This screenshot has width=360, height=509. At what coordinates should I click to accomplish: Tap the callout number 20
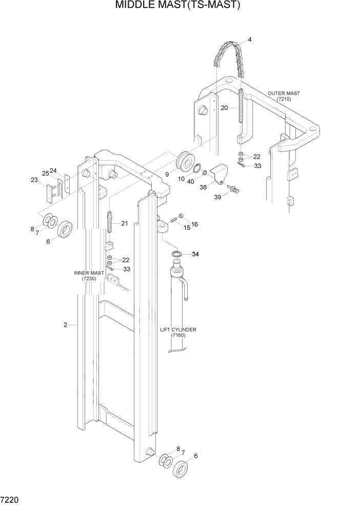224,108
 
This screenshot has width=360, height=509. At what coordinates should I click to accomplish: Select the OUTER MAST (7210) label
284,96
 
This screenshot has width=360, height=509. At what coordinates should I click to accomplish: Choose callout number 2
66,325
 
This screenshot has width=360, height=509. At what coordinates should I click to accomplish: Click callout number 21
125,223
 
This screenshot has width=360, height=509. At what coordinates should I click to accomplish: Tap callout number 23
34,180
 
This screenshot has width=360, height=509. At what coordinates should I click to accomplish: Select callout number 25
45,173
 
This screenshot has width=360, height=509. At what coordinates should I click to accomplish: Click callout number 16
194,224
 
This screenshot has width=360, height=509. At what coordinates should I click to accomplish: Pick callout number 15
187,227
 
